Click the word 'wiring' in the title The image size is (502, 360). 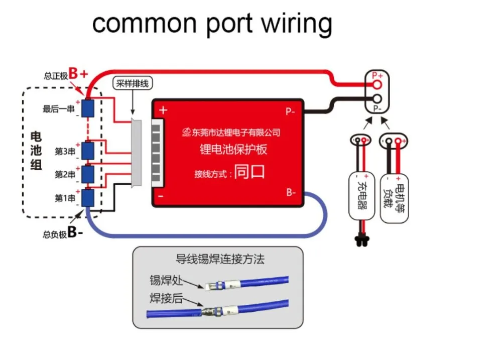point(297,24)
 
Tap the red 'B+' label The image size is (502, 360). point(78,73)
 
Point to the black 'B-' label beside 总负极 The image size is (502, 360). point(75,232)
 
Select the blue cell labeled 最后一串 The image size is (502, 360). point(88,108)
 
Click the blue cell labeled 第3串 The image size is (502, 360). point(88,151)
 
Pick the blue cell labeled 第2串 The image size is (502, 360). point(88,174)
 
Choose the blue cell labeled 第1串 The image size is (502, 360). point(88,198)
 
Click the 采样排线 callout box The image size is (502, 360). point(133,83)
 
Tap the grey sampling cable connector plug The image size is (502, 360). point(137,153)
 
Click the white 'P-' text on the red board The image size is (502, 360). point(290,111)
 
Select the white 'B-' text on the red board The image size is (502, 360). point(291,192)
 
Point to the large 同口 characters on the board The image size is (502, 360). point(249,172)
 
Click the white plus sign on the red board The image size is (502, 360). point(163,110)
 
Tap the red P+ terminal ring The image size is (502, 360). point(377,84)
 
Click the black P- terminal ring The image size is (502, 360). point(377,98)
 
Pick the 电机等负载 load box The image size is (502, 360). point(394,198)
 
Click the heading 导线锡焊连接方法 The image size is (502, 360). point(220,259)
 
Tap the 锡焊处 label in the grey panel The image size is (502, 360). point(166,280)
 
